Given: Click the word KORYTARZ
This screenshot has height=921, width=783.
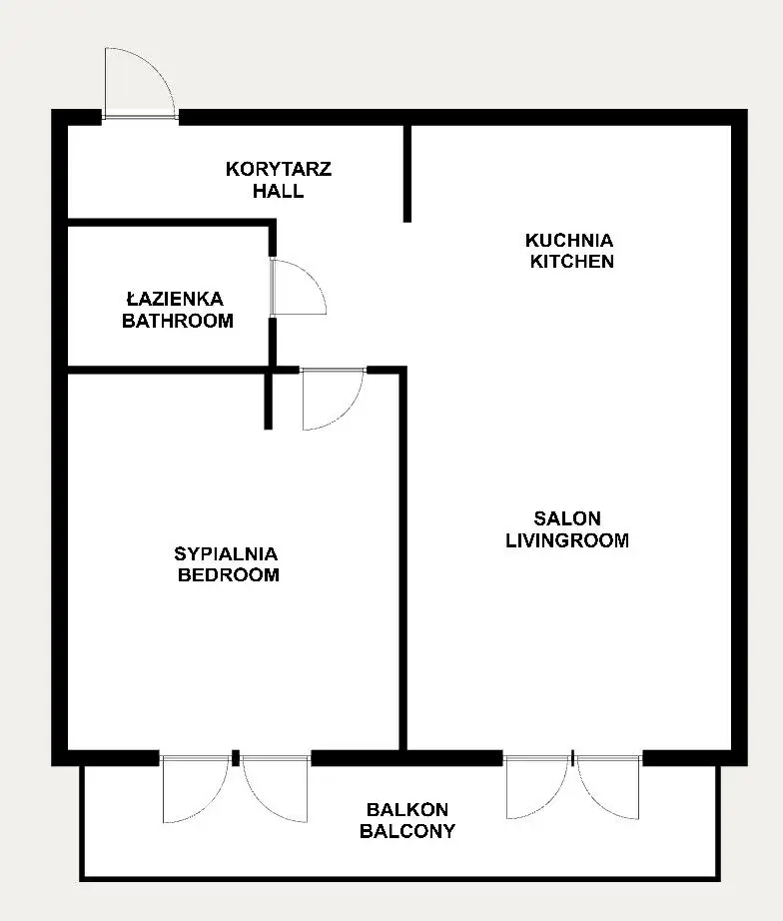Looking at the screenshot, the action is point(279,169).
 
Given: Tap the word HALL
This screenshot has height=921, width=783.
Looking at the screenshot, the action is point(279,191).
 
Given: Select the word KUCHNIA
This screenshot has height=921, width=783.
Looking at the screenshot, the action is point(569,240).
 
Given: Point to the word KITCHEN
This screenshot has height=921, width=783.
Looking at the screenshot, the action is point(571,262).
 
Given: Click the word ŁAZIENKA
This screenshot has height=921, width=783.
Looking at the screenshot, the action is point(175,299).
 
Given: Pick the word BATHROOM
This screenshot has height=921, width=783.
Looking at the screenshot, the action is point(178,321).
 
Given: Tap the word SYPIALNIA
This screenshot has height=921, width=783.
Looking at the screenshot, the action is point(226,553).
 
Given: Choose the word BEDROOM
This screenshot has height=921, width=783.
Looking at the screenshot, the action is point(228,574).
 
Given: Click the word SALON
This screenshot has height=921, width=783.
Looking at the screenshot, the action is point(567,518).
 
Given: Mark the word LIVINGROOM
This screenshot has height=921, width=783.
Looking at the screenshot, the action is point(567,540).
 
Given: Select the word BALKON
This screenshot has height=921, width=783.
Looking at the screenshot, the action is point(407,810).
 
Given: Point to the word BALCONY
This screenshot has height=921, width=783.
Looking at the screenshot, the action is point(407,832).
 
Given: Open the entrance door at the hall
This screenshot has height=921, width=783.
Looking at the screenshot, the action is point(140,83).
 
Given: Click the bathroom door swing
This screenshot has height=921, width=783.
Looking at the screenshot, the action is point(299,287).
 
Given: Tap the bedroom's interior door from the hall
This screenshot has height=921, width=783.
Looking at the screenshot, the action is point(333,400).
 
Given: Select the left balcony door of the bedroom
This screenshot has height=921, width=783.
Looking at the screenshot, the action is point(195,790).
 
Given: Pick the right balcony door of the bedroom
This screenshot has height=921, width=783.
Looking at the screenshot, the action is point(275,790).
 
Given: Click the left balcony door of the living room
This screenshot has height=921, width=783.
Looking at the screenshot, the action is point(537,787).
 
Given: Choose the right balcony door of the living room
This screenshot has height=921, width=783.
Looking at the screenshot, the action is point(608,787).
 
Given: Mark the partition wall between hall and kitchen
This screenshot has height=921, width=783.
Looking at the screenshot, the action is point(407,174).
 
